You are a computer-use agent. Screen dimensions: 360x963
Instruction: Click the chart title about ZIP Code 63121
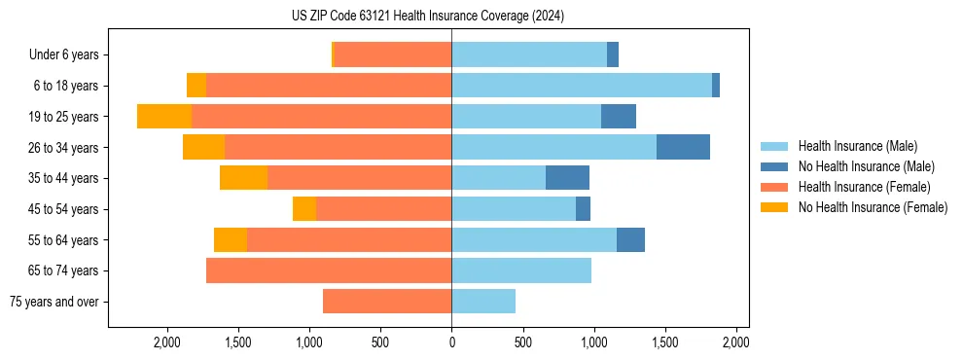[x=427, y=17]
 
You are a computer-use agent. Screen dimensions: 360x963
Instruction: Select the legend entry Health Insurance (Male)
[x=857, y=146]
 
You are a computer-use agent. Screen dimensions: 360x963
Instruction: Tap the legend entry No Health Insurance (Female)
[x=873, y=207]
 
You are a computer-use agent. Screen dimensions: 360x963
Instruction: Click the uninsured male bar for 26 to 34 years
[x=683, y=147]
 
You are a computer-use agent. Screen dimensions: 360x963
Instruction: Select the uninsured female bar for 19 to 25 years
[x=164, y=117]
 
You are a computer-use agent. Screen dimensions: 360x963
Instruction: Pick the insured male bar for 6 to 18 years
[x=582, y=86]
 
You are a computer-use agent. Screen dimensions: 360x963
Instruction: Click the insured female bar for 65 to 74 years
[x=329, y=270]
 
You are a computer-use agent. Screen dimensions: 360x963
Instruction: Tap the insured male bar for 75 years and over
[x=483, y=302]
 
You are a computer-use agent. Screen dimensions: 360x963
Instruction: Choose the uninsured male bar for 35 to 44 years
[x=567, y=178]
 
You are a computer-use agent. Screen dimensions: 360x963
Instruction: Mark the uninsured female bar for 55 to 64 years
[x=231, y=239]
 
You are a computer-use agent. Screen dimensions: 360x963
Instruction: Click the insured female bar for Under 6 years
[x=393, y=55]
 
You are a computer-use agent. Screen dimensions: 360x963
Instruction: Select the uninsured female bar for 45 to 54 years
[x=304, y=209]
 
